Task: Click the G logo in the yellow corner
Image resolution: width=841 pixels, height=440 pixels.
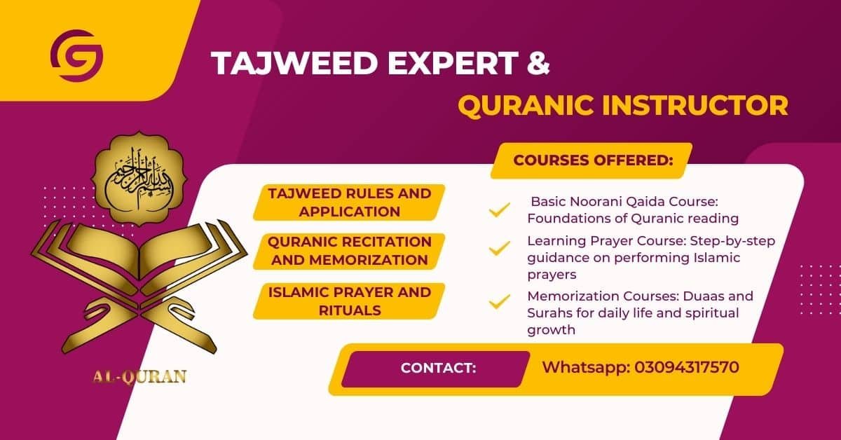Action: click(x=76, y=55)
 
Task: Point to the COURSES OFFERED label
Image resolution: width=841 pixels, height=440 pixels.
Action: click(x=593, y=160)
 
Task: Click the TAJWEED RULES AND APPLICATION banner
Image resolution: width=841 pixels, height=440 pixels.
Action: click(x=349, y=202)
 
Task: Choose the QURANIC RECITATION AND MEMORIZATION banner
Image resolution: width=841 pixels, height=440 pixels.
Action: click(x=349, y=251)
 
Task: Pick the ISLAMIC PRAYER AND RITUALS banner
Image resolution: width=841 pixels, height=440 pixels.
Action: click(x=349, y=301)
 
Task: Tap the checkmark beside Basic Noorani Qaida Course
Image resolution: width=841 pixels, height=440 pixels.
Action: click(x=499, y=209)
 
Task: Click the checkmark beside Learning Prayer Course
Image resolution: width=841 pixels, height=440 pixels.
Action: click(x=499, y=249)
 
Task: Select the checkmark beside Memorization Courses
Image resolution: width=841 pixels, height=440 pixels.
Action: click(x=499, y=302)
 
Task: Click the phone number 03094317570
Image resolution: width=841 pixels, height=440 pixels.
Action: click(x=687, y=366)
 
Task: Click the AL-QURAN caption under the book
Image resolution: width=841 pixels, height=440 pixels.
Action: click(x=139, y=377)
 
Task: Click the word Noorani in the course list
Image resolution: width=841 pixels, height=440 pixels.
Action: click(x=593, y=200)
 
